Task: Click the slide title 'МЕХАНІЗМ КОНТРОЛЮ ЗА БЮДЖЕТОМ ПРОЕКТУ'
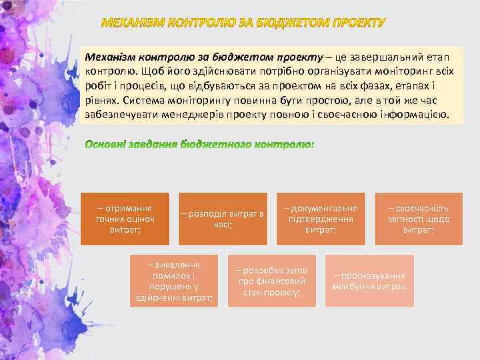243,24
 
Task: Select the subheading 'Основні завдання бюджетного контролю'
199,143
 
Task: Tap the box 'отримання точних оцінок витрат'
124,219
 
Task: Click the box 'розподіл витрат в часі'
223,219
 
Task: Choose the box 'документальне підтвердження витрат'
321,219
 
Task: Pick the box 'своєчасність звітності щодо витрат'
419,219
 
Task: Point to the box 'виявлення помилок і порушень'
174,281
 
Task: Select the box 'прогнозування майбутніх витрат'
369,281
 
